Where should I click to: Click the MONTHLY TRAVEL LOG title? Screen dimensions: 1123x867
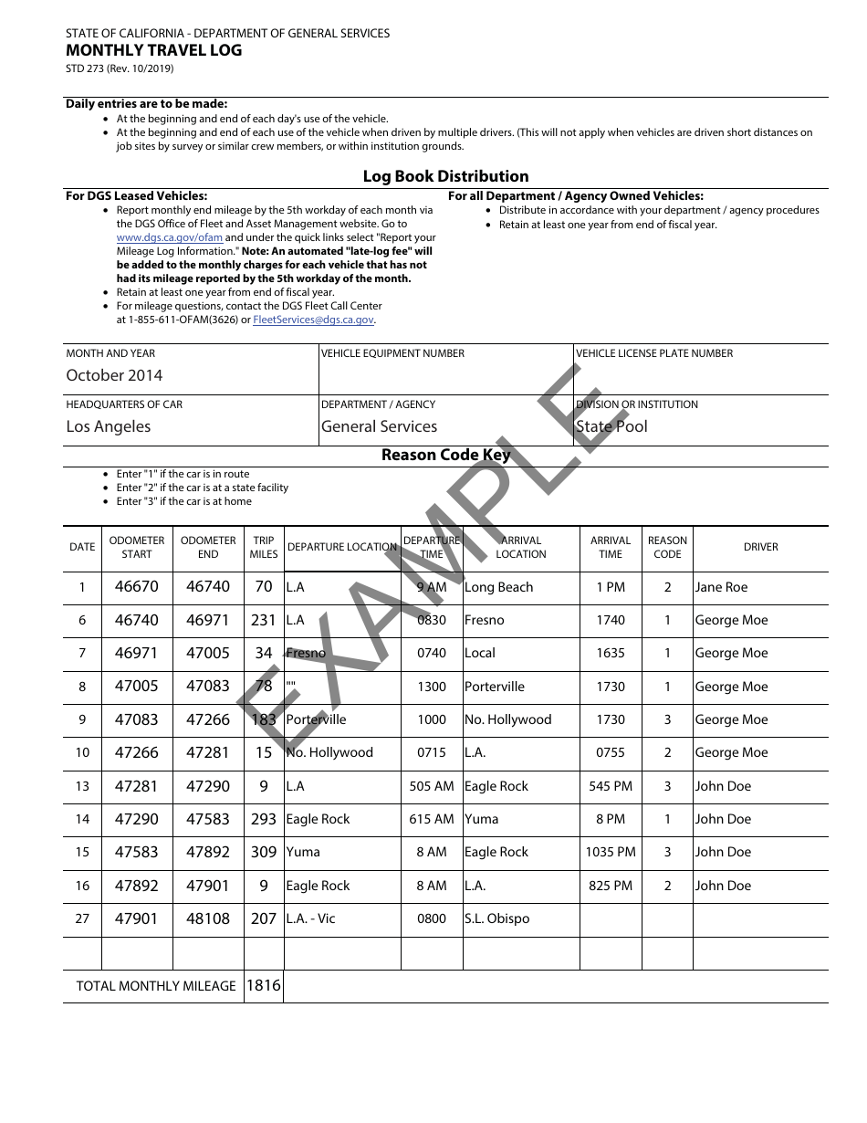(x=154, y=50)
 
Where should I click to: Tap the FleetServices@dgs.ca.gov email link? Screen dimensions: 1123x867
(x=313, y=320)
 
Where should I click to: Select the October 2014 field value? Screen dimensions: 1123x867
(x=114, y=375)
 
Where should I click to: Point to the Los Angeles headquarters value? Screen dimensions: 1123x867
(x=109, y=426)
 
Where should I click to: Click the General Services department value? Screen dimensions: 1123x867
(x=379, y=426)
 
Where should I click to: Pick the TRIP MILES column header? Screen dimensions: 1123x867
(x=264, y=547)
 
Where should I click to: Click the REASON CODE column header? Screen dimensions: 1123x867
(x=667, y=547)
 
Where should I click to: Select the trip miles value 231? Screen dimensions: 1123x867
(x=264, y=620)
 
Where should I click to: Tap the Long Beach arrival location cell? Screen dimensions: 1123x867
(x=498, y=587)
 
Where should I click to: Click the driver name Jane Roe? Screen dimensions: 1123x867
(x=721, y=587)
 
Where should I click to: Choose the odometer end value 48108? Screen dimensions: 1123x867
(x=208, y=918)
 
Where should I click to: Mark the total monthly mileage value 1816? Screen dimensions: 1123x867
(x=264, y=985)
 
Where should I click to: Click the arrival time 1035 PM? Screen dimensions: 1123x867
(x=611, y=852)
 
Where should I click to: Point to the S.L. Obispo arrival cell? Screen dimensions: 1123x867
(x=496, y=918)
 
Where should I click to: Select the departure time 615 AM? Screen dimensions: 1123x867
(x=432, y=819)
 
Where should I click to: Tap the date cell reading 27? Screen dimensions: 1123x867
(x=82, y=918)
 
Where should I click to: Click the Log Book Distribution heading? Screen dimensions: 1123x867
(x=445, y=176)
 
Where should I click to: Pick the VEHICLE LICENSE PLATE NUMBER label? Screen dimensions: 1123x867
(x=654, y=353)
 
